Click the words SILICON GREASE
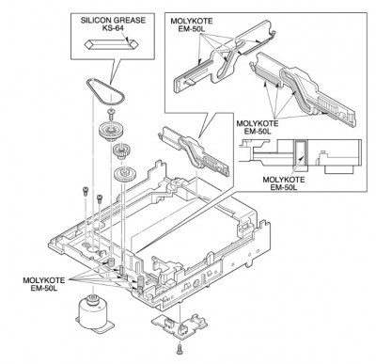(113, 21)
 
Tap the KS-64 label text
(113, 28)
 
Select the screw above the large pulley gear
(111, 113)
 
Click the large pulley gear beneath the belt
(109, 130)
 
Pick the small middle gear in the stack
(119, 150)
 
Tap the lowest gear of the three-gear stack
(124, 174)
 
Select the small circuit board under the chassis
(178, 326)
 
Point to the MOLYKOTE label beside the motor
(44, 284)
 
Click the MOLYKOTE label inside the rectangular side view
(284, 183)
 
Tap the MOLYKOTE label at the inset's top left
(192, 24)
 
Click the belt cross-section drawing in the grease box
(111, 44)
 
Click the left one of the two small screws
(85, 191)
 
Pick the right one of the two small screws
(100, 198)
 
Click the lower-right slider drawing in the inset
(304, 89)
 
